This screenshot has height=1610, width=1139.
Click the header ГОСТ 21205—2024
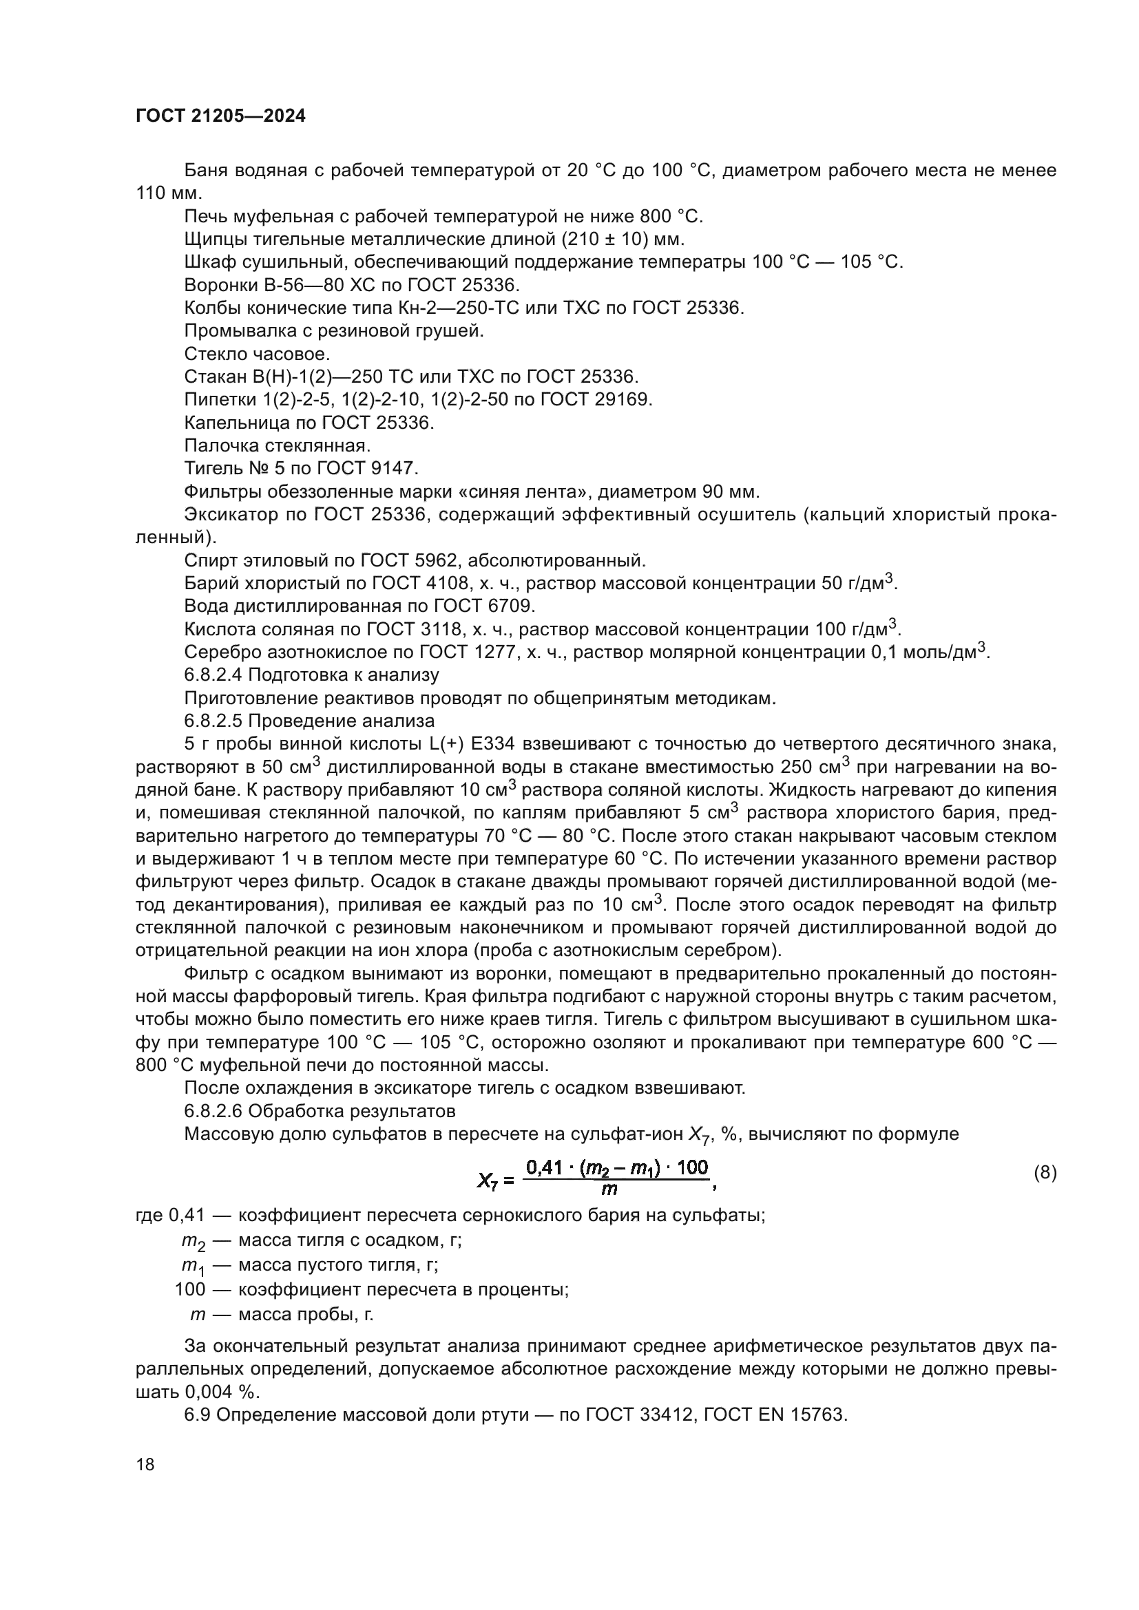tap(220, 116)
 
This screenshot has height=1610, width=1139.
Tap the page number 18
tap(145, 1464)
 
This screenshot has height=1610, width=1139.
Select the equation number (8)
tap(1045, 1172)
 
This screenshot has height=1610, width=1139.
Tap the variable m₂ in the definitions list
tap(193, 1241)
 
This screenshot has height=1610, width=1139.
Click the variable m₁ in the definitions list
tap(192, 1266)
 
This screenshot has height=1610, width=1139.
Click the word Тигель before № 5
tap(210, 469)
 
